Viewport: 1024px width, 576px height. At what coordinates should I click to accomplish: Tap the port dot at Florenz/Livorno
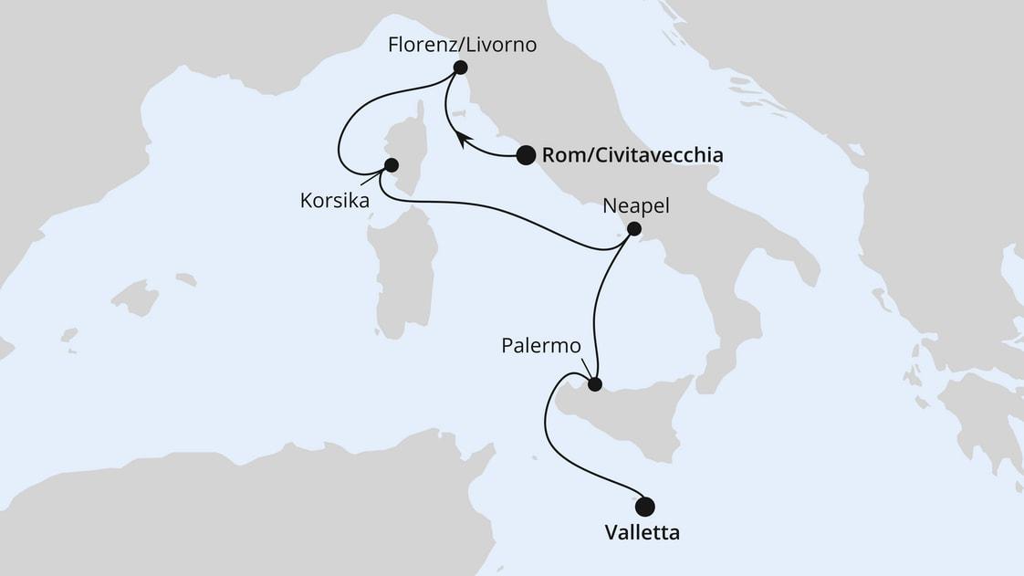(460, 67)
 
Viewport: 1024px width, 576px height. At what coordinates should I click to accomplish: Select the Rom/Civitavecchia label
(632, 156)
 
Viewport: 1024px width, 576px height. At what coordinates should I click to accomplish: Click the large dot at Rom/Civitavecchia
(526, 155)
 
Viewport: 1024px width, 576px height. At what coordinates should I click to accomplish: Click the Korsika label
(335, 201)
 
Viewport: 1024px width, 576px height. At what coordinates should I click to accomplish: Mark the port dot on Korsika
(392, 165)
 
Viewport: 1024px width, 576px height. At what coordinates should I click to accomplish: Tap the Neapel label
(636, 206)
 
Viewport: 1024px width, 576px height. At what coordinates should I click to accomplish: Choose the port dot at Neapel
(634, 229)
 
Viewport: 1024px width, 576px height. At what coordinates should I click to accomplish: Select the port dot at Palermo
(595, 384)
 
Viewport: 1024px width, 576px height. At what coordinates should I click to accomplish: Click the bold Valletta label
(643, 533)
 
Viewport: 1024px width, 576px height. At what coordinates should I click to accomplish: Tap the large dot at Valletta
(645, 506)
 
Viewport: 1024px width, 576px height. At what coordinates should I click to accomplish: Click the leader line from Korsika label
(370, 181)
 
